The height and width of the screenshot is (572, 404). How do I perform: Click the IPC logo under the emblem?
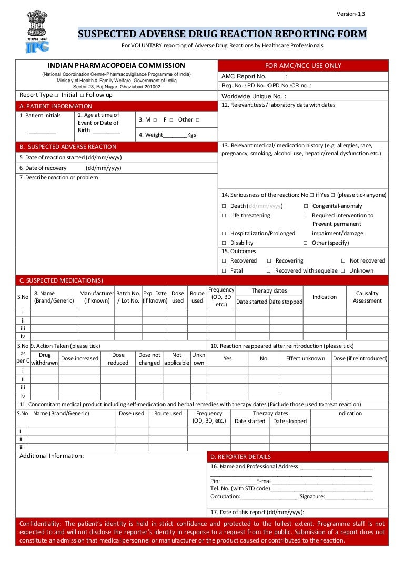(37, 46)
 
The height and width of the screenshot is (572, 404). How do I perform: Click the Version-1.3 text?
(350, 14)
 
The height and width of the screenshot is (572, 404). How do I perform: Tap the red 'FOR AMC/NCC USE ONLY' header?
(303, 66)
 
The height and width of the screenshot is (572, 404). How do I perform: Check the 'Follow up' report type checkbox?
(82, 95)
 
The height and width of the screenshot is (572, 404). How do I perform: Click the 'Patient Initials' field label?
(40, 115)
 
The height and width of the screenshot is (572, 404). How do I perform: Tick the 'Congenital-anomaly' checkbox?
(305, 206)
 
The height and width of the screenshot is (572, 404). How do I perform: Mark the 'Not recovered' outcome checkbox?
(343, 261)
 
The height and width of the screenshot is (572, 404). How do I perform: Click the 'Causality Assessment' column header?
(367, 297)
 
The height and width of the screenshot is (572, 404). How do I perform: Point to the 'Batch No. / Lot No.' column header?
(128, 297)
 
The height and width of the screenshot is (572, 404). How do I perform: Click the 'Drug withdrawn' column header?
(45, 359)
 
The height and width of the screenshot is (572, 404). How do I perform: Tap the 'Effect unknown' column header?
(305, 358)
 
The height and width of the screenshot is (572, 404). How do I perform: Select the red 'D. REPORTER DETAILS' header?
(241, 457)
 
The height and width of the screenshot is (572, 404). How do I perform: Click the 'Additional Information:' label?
(52, 456)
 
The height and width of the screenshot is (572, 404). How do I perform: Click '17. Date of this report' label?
(257, 512)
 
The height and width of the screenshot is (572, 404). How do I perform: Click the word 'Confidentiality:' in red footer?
(40, 524)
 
